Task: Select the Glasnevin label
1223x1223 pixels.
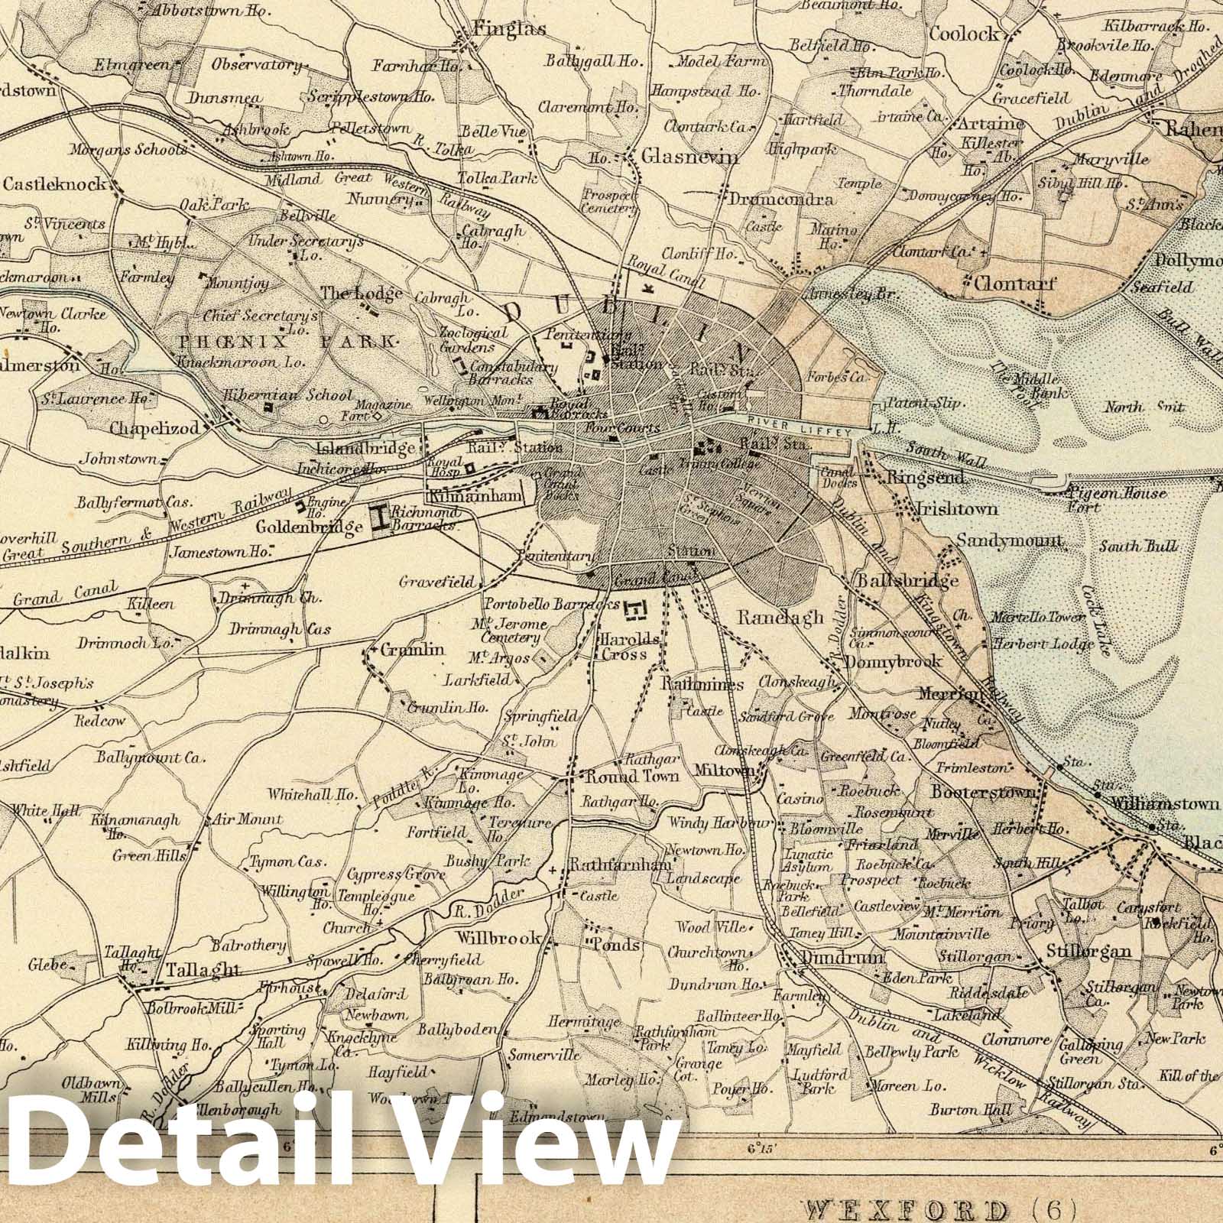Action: (x=690, y=157)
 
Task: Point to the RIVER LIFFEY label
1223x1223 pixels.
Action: (x=799, y=433)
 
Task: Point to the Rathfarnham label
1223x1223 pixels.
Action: (x=619, y=865)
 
